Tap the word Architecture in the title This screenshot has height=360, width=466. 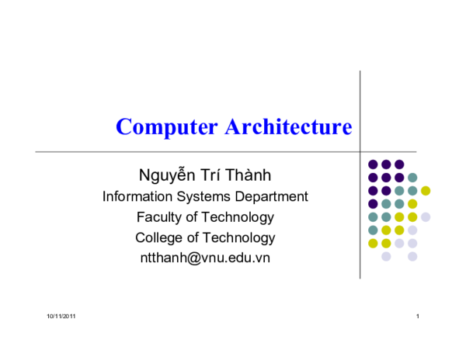point(288,126)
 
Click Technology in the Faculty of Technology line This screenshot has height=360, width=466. point(238,217)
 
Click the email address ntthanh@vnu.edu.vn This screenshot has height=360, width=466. point(205,258)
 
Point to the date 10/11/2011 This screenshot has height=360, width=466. point(61,317)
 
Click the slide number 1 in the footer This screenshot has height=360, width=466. point(418,317)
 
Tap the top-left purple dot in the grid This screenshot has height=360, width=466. point(373,164)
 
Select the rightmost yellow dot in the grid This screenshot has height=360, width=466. point(426,191)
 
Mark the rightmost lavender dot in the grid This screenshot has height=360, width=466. point(426,217)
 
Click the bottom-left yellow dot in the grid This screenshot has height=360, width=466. point(373,244)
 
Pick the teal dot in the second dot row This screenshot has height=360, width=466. point(412,178)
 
